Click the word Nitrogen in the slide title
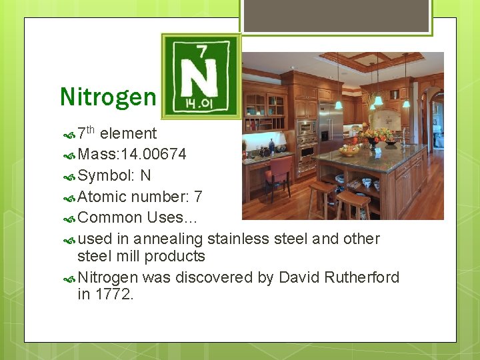tap(107, 97)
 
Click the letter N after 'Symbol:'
tap(146, 176)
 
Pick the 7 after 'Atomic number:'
tap(198, 197)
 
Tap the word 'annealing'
tap(168, 239)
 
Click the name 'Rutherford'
tap(362, 277)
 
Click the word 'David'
tap(299, 277)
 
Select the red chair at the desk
tap(278, 175)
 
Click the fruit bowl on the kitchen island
tap(349, 151)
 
